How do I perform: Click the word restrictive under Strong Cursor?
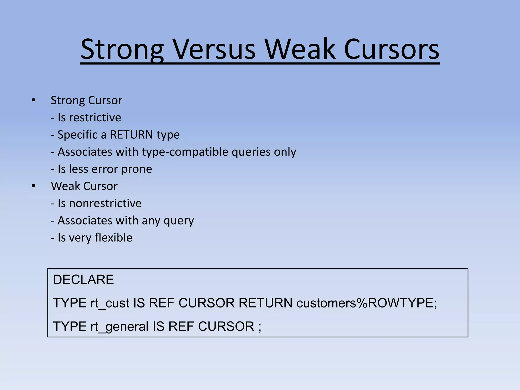click(x=95, y=118)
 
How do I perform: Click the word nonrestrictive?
click(x=105, y=203)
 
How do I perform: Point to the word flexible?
click(x=113, y=238)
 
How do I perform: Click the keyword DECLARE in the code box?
click(x=83, y=280)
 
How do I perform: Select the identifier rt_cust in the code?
click(x=110, y=303)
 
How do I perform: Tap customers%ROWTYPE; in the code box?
click(x=367, y=303)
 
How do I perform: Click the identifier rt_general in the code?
click(x=119, y=327)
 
